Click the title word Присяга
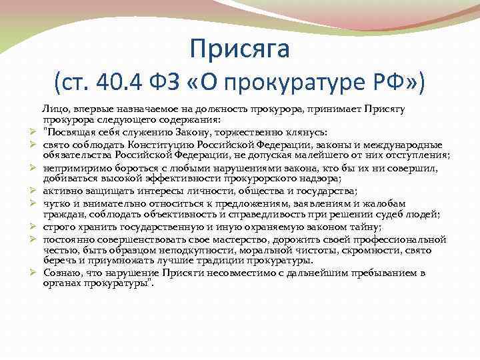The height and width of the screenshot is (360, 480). (240, 47)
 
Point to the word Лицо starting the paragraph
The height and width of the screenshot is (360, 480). (53, 108)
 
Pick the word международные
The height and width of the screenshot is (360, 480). (397, 143)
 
